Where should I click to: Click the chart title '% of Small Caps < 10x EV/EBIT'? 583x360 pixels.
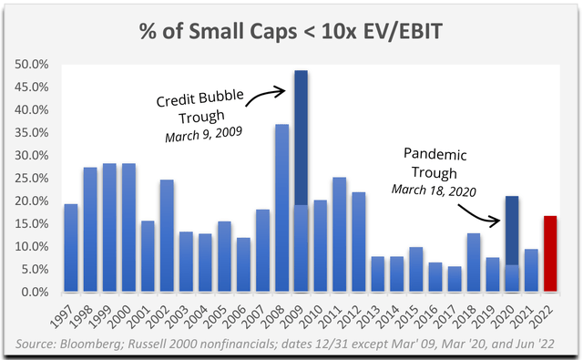(291, 29)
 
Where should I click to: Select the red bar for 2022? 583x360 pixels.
(549, 254)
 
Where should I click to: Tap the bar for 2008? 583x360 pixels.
(281, 209)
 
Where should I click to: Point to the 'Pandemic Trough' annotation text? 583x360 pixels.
(431, 161)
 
